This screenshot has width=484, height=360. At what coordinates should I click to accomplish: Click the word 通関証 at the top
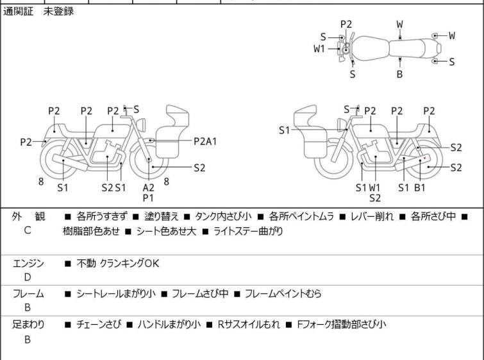(x=20, y=12)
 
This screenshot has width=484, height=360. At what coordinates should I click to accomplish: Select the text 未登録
(x=58, y=12)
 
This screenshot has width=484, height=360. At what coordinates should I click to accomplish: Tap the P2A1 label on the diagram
(x=205, y=141)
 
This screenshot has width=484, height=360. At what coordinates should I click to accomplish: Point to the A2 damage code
(x=148, y=187)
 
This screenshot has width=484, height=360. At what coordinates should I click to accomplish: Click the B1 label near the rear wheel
(x=420, y=187)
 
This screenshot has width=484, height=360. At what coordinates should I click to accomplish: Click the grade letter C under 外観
(x=28, y=230)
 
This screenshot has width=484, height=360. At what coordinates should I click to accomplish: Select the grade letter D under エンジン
(x=28, y=277)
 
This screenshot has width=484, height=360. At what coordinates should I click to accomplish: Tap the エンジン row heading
(x=29, y=263)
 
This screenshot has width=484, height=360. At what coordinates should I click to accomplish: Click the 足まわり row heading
(x=29, y=325)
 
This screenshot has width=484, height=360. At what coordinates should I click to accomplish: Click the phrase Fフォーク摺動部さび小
(x=341, y=325)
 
